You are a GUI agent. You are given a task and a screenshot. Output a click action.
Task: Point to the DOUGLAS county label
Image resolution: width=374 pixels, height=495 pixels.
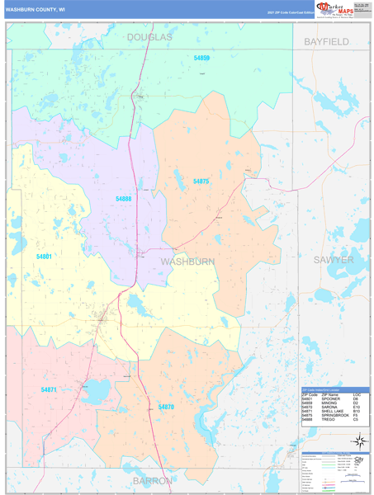(149, 38)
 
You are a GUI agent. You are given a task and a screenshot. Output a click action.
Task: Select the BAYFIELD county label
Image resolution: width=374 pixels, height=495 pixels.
(326, 40)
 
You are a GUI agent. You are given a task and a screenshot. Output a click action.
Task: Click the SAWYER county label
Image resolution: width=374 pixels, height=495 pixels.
(333, 259)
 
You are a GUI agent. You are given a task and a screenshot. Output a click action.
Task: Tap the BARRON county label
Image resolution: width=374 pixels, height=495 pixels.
(153, 479)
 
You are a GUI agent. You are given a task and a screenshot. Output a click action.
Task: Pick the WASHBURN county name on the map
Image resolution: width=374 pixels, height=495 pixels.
(187, 261)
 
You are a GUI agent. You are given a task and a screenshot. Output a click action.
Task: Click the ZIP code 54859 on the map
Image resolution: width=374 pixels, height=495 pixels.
(201, 59)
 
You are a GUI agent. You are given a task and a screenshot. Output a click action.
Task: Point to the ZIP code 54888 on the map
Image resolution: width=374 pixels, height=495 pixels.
(124, 199)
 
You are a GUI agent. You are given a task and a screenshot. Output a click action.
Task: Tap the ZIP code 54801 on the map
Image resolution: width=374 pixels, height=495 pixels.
(45, 257)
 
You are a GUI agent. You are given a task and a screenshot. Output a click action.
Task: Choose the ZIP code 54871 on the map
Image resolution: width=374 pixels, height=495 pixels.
(49, 389)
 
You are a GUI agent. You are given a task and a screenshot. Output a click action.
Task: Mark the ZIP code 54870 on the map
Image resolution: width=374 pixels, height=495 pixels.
(166, 407)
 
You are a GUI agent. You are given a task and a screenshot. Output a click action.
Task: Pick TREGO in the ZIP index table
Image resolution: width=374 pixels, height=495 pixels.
(328, 419)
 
